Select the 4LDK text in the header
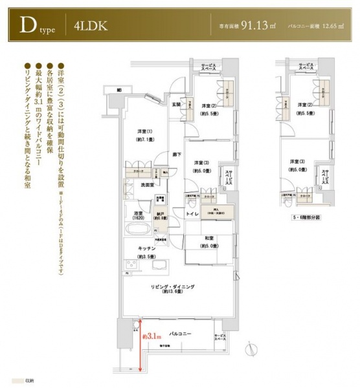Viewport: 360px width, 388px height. click(x=87, y=28)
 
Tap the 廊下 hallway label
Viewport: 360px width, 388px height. click(x=176, y=154)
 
